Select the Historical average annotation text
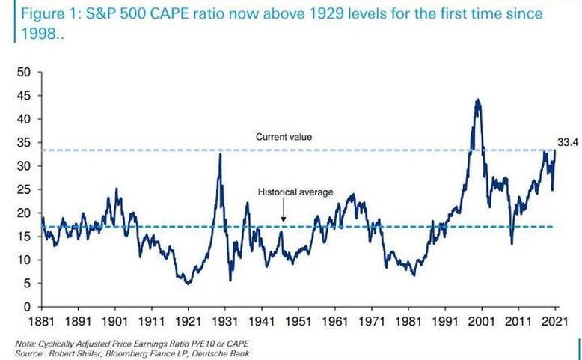(x=295, y=192)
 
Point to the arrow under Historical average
(x=283, y=213)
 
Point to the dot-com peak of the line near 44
(x=477, y=100)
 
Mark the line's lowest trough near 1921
(x=188, y=284)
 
